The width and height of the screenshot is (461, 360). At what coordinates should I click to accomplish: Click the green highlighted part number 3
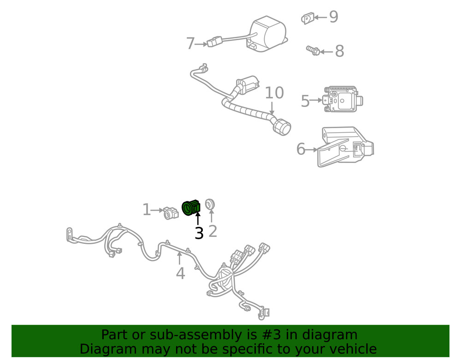point(190,207)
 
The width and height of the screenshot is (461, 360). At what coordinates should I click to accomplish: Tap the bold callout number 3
point(199,233)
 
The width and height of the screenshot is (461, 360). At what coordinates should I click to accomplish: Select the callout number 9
point(333,18)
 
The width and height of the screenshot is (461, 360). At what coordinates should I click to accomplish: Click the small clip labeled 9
point(307,18)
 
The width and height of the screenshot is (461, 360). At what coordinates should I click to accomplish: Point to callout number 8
point(339,52)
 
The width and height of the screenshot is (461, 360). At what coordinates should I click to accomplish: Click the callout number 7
point(190,44)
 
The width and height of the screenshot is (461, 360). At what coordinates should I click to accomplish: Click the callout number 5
point(305,101)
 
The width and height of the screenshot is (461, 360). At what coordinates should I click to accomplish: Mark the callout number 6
point(301,149)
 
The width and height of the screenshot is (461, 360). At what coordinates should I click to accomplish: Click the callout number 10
point(274,93)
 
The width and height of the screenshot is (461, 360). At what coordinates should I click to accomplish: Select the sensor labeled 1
point(171,212)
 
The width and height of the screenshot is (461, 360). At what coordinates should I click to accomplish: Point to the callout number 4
point(180,273)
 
